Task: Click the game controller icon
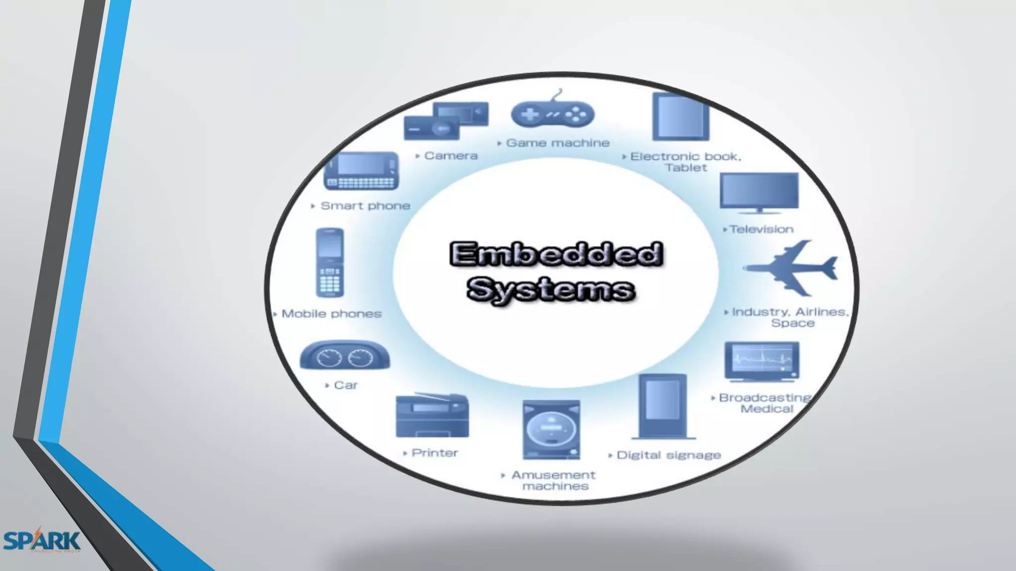[x=552, y=114]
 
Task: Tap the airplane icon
[x=792, y=268]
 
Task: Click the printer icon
[x=432, y=416]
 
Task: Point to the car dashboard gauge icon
[x=345, y=356]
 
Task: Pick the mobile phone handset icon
[x=330, y=263]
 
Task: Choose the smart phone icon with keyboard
[x=361, y=171]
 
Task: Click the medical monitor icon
[x=762, y=361]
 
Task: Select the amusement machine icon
[x=551, y=429]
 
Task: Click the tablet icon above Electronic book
[x=681, y=117]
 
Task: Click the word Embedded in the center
[x=556, y=254]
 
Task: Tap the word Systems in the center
[x=551, y=289]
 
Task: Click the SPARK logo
[x=42, y=540]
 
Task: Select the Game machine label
[x=558, y=143]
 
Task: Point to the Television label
[x=762, y=229]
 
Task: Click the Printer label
[x=435, y=453]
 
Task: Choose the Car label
[x=346, y=385]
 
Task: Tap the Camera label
[x=451, y=156]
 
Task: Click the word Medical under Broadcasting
[x=767, y=409]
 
